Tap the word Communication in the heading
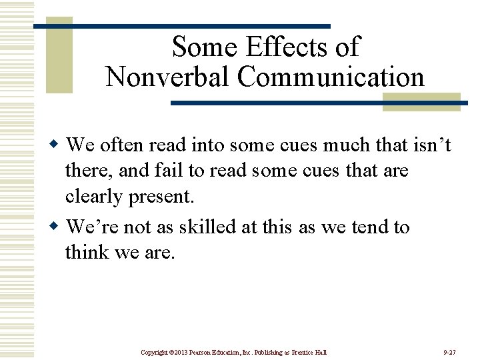click(331, 77)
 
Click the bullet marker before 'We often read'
click(57, 144)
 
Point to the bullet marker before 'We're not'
click(57, 227)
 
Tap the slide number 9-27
click(449, 351)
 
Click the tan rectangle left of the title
click(59, 55)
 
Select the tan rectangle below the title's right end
click(421, 102)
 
